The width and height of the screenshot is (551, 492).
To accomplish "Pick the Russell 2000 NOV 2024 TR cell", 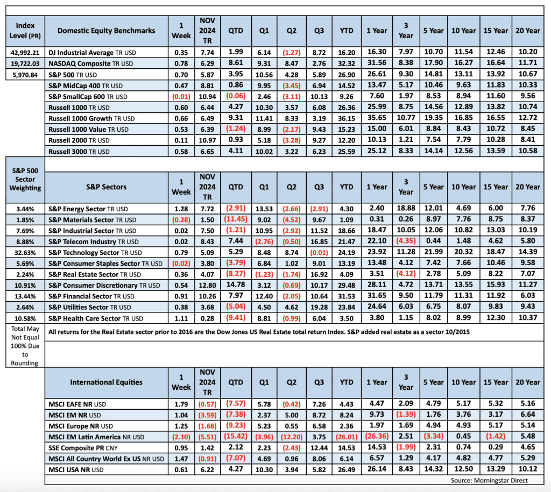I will click(207, 140).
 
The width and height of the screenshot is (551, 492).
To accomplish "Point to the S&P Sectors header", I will click(106, 187).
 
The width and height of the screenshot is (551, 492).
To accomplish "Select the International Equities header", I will click(106, 382).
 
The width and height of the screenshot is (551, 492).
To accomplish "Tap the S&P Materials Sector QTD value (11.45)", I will click(235, 219).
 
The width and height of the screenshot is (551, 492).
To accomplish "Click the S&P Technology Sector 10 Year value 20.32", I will click(464, 252).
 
